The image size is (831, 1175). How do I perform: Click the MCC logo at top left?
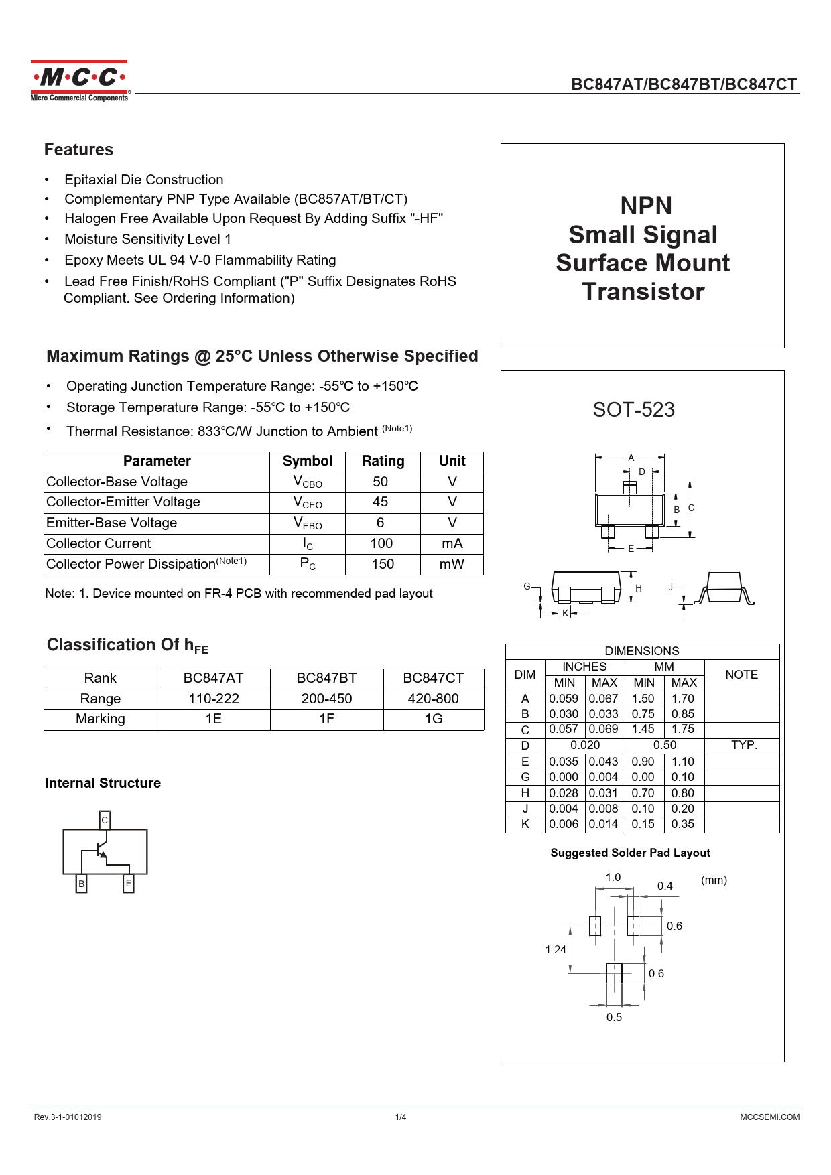coord(79,81)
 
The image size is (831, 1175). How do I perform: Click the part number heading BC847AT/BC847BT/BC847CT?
coord(684,84)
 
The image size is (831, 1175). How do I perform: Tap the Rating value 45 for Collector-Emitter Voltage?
coord(380,502)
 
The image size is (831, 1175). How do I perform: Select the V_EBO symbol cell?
coord(308,523)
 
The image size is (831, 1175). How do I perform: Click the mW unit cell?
coord(452,564)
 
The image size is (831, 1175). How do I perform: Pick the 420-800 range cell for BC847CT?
coord(433,699)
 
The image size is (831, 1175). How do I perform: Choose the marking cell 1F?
coord(326,719)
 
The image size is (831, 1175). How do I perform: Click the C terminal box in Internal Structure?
coord(105,820)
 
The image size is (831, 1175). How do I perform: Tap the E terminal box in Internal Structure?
coord(129,884)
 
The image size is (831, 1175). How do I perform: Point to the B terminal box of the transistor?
coord(82,884)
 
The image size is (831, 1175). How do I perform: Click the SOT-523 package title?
coord(633,409)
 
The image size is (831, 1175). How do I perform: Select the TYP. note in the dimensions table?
coord(744,745)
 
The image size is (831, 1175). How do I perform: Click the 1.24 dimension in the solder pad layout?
coord(556,949)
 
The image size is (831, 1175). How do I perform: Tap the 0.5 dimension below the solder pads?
coord(614,1017)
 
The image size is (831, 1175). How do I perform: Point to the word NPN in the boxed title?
coord(645,206)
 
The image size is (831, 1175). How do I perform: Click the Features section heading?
coord(78,149)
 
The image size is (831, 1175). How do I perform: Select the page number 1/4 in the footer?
coord(401,1117)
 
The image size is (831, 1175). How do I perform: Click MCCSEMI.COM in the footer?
coord(769,1117)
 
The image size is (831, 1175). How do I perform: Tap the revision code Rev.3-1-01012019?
coord(68,1117)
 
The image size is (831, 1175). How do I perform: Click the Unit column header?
coord(452,461)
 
